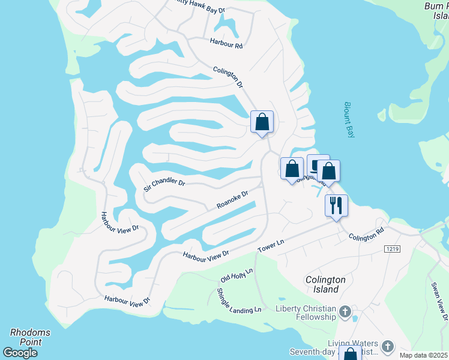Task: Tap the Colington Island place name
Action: pyautogui.click(x=326, y=284)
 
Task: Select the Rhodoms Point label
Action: pyautogui.click(x=30, y=337)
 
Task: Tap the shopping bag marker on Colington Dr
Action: pyautogui.click(x=262, y=122)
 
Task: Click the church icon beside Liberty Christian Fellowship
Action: pyautogui.click(x=345, y=311)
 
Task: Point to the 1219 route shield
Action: pyautogui.click(x=392, y=248)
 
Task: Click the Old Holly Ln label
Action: pyautogui.click(x=237, y=275)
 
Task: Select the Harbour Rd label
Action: pyautogui.click(x=226, y=43)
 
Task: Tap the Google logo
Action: pyautogui.click(x=20, y=353)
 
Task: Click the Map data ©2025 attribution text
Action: pyautogui.click(x=423, y=355)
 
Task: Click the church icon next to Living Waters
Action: pyautogui.click(x=388, y=346)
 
